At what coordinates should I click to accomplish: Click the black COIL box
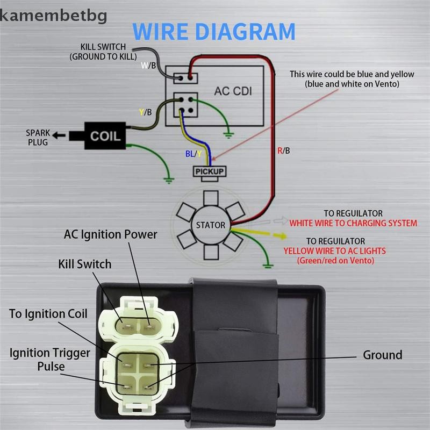pyautogui.click(x=105, y=136)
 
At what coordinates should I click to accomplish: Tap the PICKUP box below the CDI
pyautogui.click(x=210, y=171)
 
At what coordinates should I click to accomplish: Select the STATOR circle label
pyautogui.click(x=211, y=225)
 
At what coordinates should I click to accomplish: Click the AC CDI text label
pyautogui.click(x=233, y=91)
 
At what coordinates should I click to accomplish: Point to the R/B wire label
pyautogui.click(x=284, y=150)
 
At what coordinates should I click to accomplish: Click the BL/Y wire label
pyautogui.click(x=193, y=154)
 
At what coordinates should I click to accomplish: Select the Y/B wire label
pyautogui.click(x=145, y=112)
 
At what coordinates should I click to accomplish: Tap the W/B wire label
pyautogui.click(x=148, y=65)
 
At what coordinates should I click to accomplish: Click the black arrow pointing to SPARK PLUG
pyautogui.click(x=59, y=135)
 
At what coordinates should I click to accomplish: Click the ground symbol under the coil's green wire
pyautogui.click(x=169, y=181)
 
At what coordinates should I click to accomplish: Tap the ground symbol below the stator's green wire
pyautogui.click(x=268, y=266)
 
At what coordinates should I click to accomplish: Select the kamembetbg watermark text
pyautogui.click(x=53, y=16)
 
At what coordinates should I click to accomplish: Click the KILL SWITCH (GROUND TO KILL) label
pyautogui.click(x=103, y=52)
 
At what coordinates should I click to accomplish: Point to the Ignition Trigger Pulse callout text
pyautogui.click(x=50, y=360)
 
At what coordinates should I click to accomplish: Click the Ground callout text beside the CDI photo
pyautogui.click(x=383, y=355)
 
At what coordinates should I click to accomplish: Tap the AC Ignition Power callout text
pyautogui.click(x=111, y=235)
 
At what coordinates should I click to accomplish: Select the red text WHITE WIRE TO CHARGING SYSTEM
pyautogui.click(x=353, y=223)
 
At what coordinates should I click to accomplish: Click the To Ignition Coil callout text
pyautogui.click(x=48, y=314)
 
